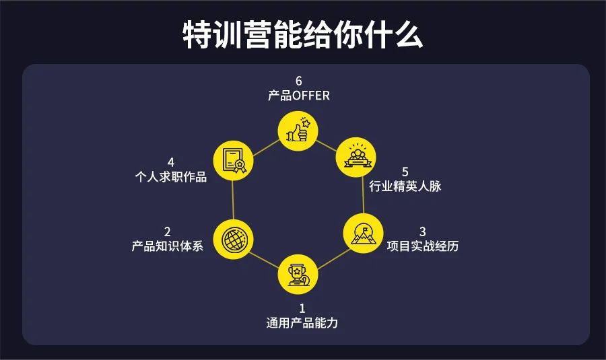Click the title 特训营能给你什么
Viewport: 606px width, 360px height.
[303, 34]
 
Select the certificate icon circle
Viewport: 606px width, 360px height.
[232, 161]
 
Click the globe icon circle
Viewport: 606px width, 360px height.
[232, 238]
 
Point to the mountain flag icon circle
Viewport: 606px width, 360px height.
[362, 233]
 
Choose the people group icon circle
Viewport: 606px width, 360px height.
[354, 156]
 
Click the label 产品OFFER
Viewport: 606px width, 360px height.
[298, 96]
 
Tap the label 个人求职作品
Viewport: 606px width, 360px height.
[170, 178]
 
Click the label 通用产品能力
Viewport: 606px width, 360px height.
[302, 323]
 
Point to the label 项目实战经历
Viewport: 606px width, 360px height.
[423, 246]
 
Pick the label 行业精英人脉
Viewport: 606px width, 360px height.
[405, 186]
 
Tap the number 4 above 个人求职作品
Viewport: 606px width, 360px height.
[171, 163]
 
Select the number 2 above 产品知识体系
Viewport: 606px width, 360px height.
[168, 231]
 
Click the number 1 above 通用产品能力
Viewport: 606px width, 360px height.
[302, 308]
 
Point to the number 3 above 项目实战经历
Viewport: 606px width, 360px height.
[423, 231]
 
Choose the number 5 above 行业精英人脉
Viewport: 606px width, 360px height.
[405, 172]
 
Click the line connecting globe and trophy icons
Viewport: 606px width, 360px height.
[265, 254]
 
